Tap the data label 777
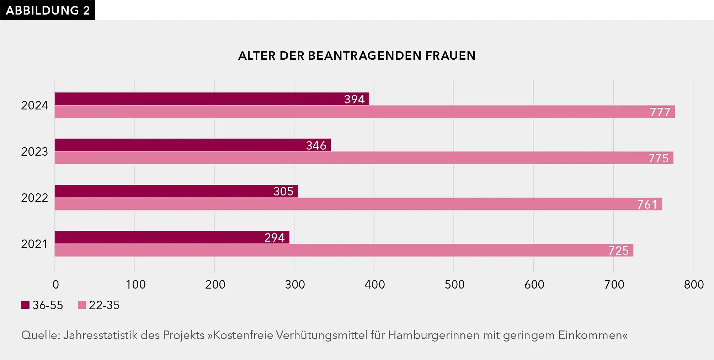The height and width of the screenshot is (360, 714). point(660,112)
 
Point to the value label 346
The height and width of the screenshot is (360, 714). point(316,145)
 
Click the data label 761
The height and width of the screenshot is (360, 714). point(647,204)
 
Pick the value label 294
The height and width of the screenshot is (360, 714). point(275,237)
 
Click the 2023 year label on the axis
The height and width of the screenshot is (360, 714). point(34,152)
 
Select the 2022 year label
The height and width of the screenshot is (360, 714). point(34,198)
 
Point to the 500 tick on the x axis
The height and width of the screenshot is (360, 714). point(454,284)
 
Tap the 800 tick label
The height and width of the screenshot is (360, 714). point(694,284)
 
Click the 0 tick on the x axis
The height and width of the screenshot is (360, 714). point(56,284)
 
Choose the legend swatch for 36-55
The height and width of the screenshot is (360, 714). point(25,305)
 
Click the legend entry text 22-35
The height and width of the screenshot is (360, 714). point(104,305)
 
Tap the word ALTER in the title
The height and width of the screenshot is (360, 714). point(257,56)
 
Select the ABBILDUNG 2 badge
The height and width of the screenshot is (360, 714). point(48,10)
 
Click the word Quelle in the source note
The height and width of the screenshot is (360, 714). point(41,335)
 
